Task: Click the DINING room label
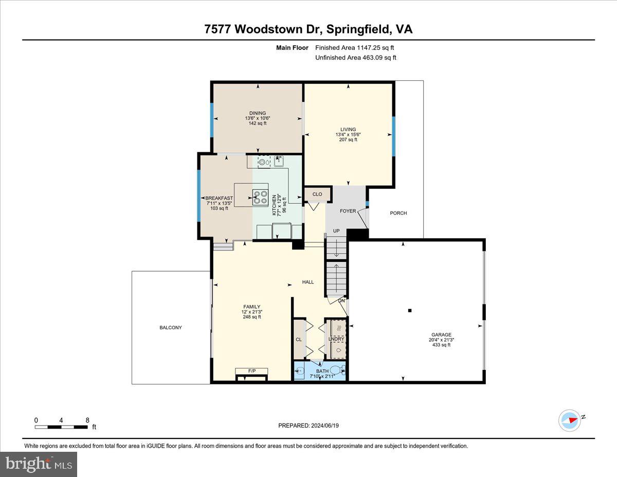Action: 258,113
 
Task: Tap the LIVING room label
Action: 348,130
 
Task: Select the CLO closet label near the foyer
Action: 317,194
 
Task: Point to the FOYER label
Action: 348,211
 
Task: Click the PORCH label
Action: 398,213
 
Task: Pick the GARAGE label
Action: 441,334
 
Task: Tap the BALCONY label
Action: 171,328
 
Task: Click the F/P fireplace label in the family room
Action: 252,371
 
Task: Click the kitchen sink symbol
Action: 279,162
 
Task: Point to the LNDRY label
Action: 336,339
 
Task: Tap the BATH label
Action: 322,371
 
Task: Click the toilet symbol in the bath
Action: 337,369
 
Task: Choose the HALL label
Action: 308,282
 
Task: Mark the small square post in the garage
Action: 410,310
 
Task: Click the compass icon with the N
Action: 570,420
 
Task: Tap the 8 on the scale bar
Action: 87,420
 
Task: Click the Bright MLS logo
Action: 39,464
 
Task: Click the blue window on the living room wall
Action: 394,136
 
